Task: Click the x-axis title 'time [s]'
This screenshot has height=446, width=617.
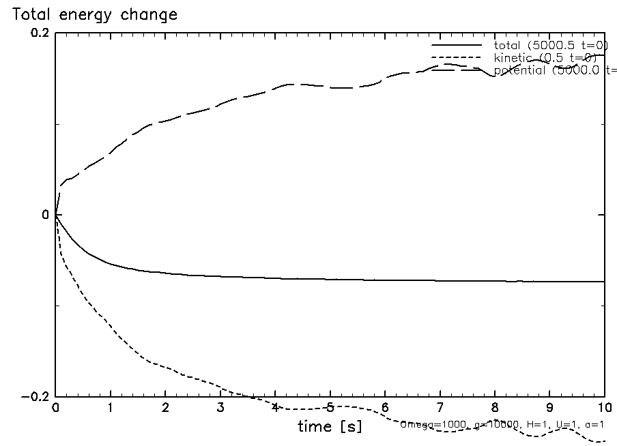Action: tap(330, 427)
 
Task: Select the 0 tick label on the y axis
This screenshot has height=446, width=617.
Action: tap(46, 215)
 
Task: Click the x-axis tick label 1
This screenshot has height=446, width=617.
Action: tap(111, 407)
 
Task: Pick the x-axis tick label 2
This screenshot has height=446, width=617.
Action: tap(165, 407)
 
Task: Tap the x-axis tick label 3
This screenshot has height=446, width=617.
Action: tap(220, 407)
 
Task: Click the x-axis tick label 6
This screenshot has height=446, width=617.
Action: tap(385, 407)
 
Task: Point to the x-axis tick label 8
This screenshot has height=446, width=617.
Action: tap(495, 407)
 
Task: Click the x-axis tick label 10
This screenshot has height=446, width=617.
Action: tap(604, 407)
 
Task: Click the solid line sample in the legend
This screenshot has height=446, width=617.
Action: tap(456, 45)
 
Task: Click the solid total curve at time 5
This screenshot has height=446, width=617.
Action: tap(330, 279)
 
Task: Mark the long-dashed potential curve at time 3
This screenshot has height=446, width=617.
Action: tap(220, 105)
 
